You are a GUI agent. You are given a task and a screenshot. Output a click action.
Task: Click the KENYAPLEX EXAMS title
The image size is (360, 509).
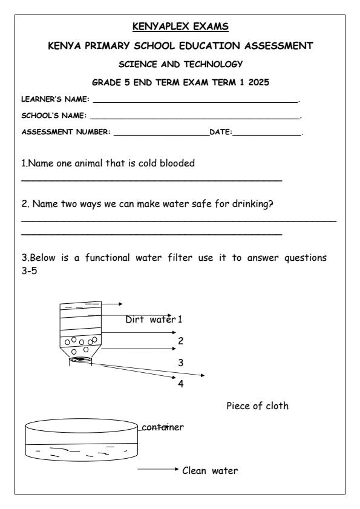(x=180, y=27)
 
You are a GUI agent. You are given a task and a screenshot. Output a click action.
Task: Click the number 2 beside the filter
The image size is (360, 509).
(x=180, y=341)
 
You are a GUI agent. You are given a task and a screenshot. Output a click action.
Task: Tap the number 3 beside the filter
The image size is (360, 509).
(x=180, y=363)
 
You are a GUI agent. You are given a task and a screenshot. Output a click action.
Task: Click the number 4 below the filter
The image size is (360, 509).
(x=180, y=384)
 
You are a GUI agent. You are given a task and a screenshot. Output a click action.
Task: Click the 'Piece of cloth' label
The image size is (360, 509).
(x=257, y=406)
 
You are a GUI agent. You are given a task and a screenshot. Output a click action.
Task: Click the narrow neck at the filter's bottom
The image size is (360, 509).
(x=81, y=360)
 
